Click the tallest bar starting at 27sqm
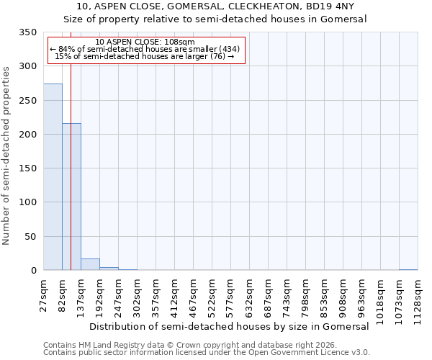53,177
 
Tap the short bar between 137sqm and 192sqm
90,264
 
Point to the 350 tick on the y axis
27,32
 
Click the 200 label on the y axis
27,135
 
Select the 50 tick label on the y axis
30,237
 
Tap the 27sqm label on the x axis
43,294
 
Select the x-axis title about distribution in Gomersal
230,326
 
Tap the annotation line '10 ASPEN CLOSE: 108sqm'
145,42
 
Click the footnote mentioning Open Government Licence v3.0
207,353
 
